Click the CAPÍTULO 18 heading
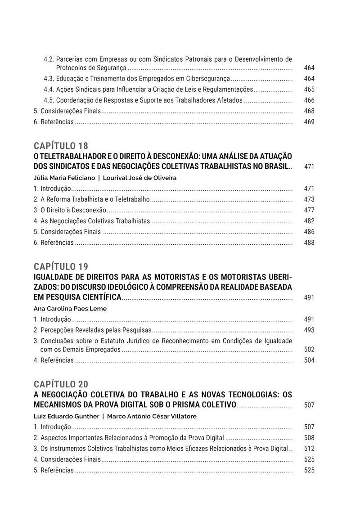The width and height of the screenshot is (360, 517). pos(61,146)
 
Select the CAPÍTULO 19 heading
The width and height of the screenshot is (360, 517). pos(61,265)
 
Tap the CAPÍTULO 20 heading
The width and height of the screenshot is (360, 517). pos(61,384)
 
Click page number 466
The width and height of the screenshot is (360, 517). pos(309,100)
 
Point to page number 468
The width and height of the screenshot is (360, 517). pos(309,111)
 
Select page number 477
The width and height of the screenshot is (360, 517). pos(309,210)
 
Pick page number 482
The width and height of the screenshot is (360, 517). pos(309,221)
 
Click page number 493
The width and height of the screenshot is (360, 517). pos(309,330)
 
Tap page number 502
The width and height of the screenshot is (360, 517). pos(309,349)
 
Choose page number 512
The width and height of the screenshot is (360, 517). pos(309,449)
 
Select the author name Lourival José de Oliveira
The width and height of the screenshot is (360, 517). pos(139,178)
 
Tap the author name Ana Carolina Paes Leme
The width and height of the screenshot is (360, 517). pos(70,309)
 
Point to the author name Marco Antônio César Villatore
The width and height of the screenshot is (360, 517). pos(152,416)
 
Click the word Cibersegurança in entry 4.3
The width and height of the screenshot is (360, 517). pos(207,79)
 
